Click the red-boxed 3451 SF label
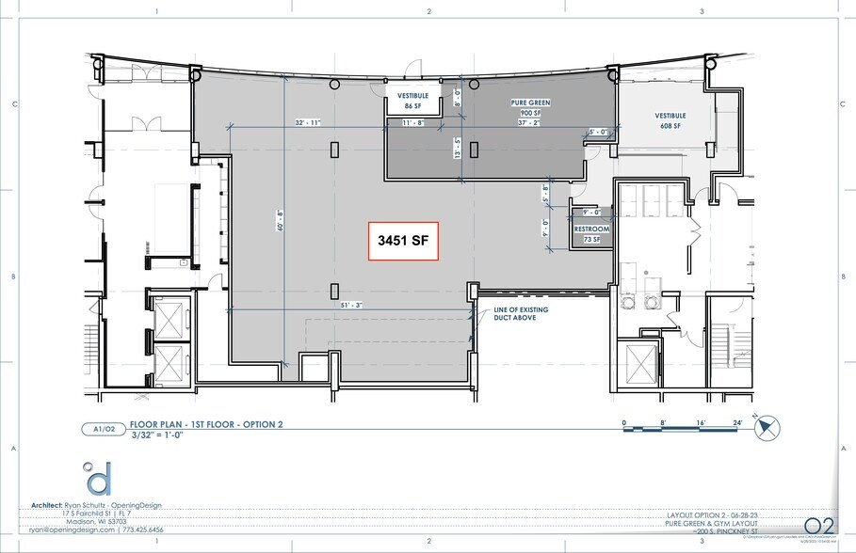coord(403,242)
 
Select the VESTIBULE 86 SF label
coord(413,101)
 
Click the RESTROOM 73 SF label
coord(592,234)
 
